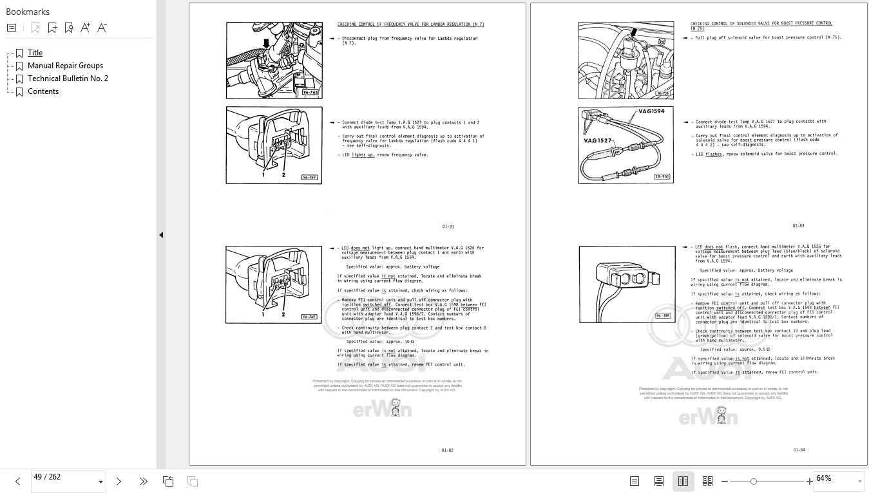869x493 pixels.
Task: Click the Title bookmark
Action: [x=35, y=53]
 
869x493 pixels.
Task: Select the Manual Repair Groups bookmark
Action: [x=65, y=66]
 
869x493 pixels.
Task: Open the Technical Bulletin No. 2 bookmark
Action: [x=68, y=79]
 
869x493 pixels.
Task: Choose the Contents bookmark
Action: [x=43, y=91]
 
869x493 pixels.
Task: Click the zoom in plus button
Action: [x=809, y=481]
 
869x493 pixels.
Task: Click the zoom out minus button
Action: [x=725, y=481]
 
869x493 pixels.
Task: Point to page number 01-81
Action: [x=448, y=227]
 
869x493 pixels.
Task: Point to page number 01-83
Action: [x=798, y=226]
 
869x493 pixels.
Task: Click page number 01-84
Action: [x=799, y=450]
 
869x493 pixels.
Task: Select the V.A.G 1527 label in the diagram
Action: [x=597, y=140]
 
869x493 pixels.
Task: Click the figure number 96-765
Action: [x=310, y=93]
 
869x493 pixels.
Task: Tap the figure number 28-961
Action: [x=662, y=177]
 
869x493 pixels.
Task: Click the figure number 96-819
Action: [x=663, y=316]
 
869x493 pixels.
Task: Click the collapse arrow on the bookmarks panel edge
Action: [x=161, y=235]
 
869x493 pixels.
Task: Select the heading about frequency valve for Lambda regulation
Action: [x=410, y=24]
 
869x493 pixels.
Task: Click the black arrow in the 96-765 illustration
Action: [x=265, y=44]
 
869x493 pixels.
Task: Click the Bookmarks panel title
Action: [x=28, y=12]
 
